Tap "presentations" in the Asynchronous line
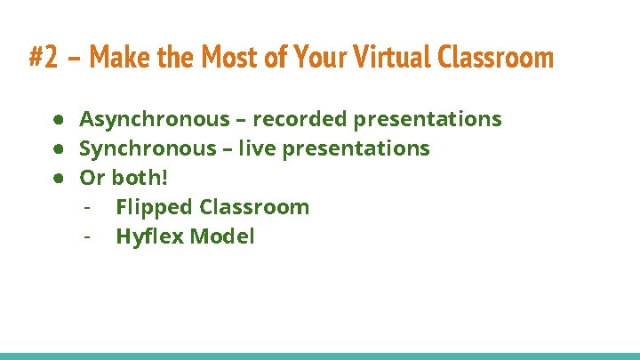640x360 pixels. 427,119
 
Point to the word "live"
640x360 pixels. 258,148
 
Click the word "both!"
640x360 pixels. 140,178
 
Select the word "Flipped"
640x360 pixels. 154,207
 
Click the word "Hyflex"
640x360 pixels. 150,236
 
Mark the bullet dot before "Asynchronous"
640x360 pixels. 56,120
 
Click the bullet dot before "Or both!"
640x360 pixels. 56,179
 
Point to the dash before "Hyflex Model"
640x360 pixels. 87,237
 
